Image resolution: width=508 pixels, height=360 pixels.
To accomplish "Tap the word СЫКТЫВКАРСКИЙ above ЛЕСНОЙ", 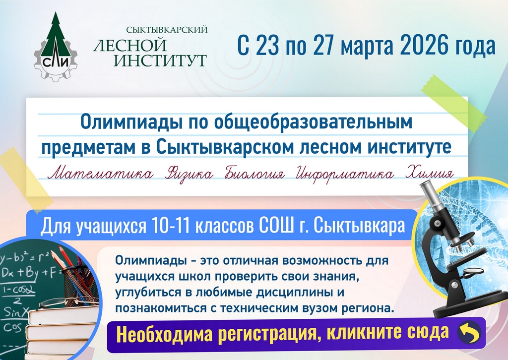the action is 167,30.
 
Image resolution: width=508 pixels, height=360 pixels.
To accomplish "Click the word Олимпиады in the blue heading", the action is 130,122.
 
